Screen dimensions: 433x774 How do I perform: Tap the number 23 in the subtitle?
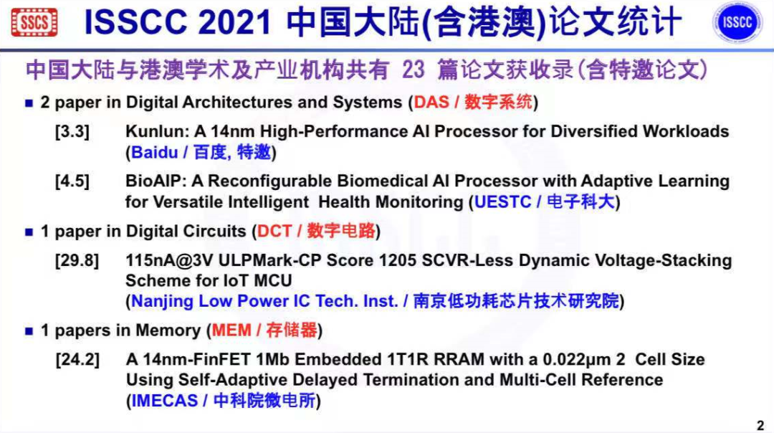pyautogui.click(x=414, y=70)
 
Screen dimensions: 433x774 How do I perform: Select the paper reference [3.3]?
pyautogui.click(x=72, y=132)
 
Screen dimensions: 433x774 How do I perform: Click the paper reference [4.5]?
pyautogui.click(x=72, y=181)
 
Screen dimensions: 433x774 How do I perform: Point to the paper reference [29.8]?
pyautogui.click(x=77, y=260)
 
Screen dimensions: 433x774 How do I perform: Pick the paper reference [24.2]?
pyautogui.click(x=77, y=359)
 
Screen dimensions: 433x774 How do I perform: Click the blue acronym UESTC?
pyautogui.click(x=503, y=202)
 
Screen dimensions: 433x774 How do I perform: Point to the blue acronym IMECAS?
pyautogui.click(x=164, y=401)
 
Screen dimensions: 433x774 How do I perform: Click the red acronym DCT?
pyautogui.click(x=274, y=232)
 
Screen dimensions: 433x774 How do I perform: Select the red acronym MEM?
pyautogui.click(x=232, y=330)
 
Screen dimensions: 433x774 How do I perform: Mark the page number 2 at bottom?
pyautogui.click(x=760, y=424)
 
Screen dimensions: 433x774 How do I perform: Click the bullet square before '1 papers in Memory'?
pyautogui.click(x=29, y=331)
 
